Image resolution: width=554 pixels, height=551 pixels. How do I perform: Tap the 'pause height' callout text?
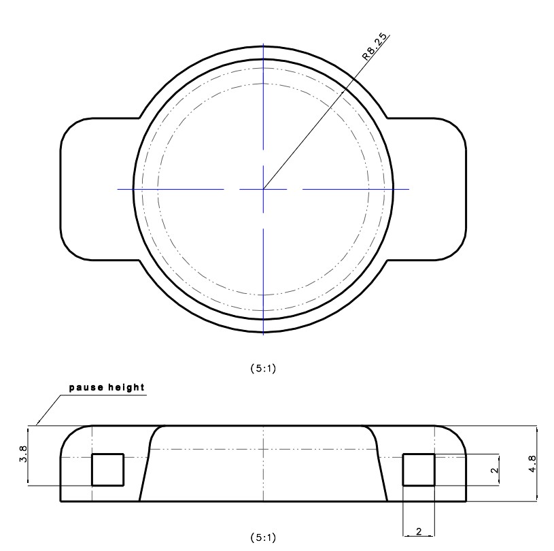(106, 388)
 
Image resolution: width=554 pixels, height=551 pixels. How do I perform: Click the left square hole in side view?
(107, 469)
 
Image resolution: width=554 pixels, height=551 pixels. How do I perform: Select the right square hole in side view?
(419, 469)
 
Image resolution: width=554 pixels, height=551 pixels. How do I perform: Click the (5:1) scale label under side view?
(263, 535)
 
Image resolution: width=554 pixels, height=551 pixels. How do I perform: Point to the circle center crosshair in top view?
(263, 188)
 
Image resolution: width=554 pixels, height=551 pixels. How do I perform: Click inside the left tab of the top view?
(95, 188)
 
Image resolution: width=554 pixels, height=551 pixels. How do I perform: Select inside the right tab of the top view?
(432, 188)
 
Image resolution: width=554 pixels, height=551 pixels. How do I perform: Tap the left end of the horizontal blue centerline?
(118, 188)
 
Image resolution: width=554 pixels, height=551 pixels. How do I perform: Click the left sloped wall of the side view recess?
(145, 469)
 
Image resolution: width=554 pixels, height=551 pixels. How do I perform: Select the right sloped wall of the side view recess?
(381, 469)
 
